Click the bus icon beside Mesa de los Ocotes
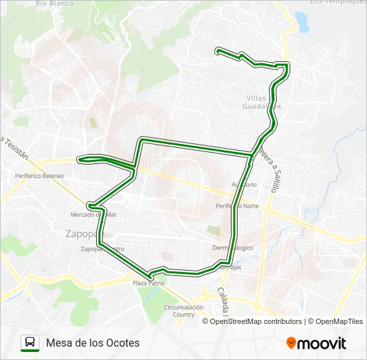click(x=30, y=343)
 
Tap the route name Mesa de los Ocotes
click(x=93, y=343)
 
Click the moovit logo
click(x=316, y=343)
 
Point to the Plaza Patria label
click(x=147, y=283)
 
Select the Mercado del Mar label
click(x=93, y=215)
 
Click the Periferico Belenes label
click(x=39, y=176)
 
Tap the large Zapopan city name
click(x=82, y=234)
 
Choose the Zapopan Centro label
click(x=102, y=249)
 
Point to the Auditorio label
click(x=244, y=184)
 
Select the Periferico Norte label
click(x=237, y=206)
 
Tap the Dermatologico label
click(x=233, y=247)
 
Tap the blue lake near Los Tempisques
click(x=303, y=21)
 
